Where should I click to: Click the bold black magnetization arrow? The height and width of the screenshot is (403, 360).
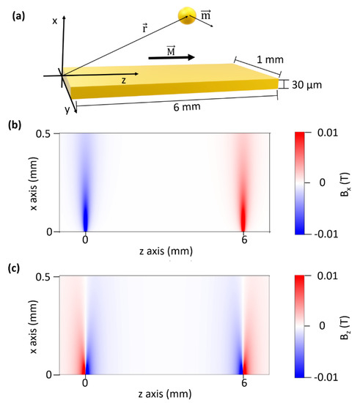tap(171, 56)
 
